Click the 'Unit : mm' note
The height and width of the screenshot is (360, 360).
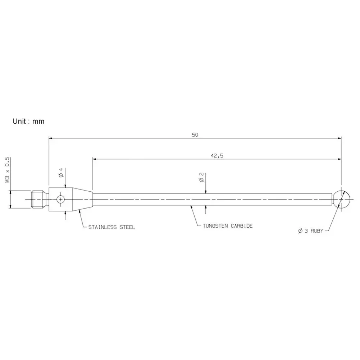pyautogui.click(x=28, y=121)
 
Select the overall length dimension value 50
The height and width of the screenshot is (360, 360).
pyautogui.click(x=195, y=135)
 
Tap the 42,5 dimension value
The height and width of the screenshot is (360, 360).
pyautogui.click(x=217, y=155)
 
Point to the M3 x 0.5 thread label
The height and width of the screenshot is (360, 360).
pyautogui.click(x=7, y=170)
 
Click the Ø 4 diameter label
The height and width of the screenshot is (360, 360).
pyautogui.click(x=61, y=173)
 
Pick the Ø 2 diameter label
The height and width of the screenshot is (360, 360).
pyautogui.click(x=201, y=177)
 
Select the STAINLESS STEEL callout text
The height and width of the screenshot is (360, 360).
pyautogui.click(x=111, y=227)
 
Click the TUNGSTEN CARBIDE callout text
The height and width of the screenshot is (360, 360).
pyautogui.click(x=228, y=226)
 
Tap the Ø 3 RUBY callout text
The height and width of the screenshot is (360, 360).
pyautogui.click(x=311, y=231)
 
